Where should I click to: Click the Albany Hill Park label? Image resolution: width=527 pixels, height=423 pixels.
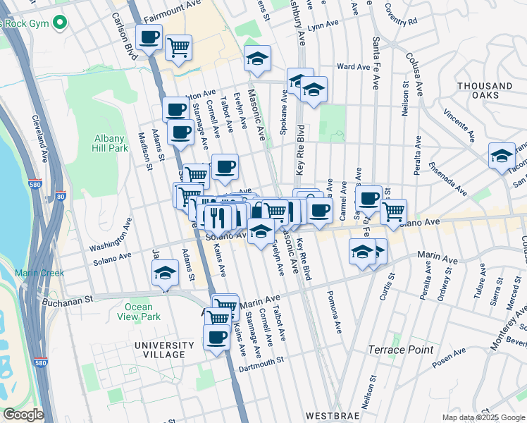pos(109,143)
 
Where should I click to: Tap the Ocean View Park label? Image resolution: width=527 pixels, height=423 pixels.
pos(138,312)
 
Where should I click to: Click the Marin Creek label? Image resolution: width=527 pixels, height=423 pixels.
pos(39,273)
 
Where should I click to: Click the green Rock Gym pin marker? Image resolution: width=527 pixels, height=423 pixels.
pos(60,22)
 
